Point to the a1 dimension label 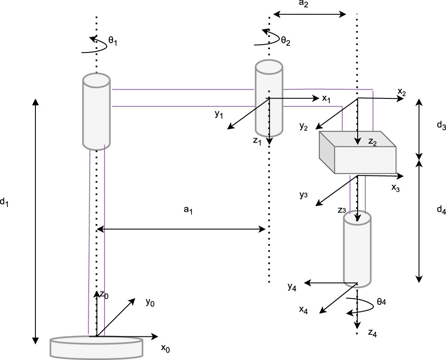188,210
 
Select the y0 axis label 150,302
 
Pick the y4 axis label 293,287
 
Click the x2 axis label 402,92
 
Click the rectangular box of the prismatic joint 358,152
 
